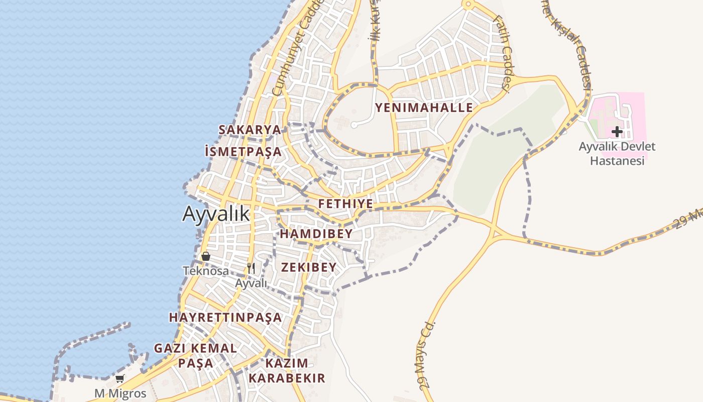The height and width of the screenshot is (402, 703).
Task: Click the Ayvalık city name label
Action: point(215,214)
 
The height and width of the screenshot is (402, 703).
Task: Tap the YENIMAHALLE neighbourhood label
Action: point(424,108)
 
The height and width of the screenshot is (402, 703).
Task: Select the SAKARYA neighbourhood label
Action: point(250,130)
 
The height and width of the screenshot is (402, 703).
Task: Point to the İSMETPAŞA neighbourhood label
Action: point(243,151)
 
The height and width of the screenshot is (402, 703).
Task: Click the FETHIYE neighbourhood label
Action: point(345,204)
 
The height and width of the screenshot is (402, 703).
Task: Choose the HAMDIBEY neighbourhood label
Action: point(316,234)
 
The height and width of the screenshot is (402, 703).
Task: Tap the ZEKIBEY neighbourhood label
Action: point(308,267)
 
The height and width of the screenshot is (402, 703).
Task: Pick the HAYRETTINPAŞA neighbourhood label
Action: point(225,318)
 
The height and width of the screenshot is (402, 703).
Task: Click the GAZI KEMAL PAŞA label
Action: point(195,355)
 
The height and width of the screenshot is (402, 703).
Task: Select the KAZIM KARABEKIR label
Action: point(287,370)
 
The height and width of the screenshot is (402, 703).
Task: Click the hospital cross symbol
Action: point(617,132)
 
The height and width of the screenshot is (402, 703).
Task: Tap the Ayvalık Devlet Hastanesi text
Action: point(617,154)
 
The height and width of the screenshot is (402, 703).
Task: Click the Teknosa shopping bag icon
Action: point(205,257)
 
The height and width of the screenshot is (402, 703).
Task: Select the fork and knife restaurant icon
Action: point(251,268)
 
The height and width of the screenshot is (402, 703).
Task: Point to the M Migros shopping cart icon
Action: point(120,379)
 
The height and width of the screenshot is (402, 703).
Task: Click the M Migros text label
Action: point(121,393)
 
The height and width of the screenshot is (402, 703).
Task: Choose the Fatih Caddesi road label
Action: point(502,53)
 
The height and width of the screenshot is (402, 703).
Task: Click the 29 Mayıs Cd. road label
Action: point(425,355)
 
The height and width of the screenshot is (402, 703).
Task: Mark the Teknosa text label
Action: point(205,271)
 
